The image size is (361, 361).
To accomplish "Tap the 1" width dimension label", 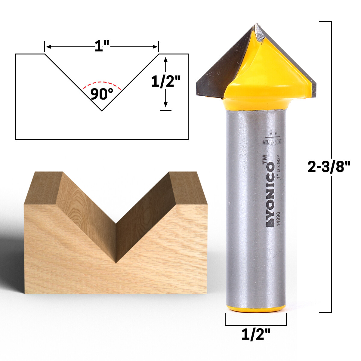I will point(102,47).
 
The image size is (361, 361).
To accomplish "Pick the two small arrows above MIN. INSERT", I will point(273,132).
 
